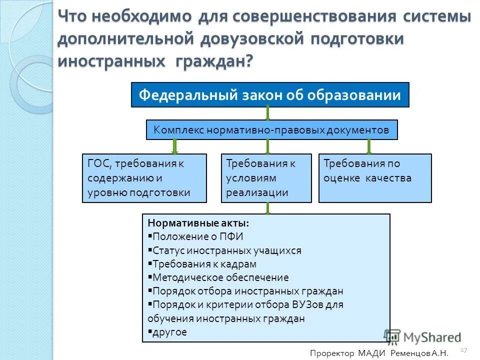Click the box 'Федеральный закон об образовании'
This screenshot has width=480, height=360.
[x=270, y=95]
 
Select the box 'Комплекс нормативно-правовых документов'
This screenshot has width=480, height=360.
[x=271, y=130]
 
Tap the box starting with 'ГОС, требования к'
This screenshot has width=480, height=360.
[x=144, y=178]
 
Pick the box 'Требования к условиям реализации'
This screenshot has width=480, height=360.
[x=266, y=178]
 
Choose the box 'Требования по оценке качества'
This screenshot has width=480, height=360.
[x=374, y=178]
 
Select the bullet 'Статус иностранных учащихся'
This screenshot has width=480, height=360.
[x=226, y=250]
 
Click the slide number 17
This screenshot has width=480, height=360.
[x=463, y=349]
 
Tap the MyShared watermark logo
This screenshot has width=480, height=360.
[x=422, y=337]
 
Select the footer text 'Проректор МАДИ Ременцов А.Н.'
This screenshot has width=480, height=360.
[x=379, y=353]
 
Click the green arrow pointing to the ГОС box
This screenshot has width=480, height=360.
[x=175, y=146]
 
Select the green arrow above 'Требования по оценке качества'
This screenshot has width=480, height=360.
[x=369, y=146]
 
